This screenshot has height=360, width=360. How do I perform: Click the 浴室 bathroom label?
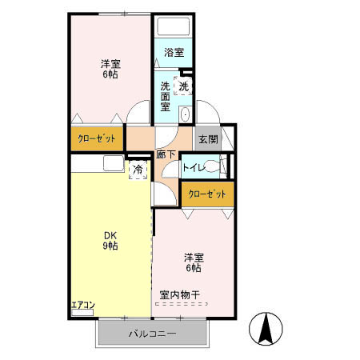(x=174, y=52)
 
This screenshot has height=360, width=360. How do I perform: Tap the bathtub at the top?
(x=174, y=26)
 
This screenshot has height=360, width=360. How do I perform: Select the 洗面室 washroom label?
(x=165, y=97)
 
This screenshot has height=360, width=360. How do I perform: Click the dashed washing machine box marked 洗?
(x=183, y=86)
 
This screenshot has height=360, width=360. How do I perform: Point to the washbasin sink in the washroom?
(x=185, y=114)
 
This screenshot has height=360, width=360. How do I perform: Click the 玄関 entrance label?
(x=208, y=139)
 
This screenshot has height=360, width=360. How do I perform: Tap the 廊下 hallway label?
(x=166, y=154)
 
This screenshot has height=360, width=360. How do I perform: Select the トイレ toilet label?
(x=194, y=167)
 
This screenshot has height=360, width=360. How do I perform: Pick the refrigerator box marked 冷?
(x=138, y=170)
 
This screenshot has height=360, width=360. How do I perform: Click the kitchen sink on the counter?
(x=114, y=163)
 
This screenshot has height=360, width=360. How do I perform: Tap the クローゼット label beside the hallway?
(x=97, y=138)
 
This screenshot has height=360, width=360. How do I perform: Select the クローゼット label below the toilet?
(x=207, y=194)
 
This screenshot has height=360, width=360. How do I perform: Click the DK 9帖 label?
(x=110, y=241)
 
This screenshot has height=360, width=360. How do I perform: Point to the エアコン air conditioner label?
(x=83, y=305)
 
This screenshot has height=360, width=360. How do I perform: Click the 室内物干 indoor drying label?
(x=179, y=295)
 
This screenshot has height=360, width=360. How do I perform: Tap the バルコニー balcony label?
(x=152, y=334)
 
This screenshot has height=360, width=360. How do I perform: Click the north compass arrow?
(x=266, y=329)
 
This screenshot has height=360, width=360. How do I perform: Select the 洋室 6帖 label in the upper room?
(x=110, y=69)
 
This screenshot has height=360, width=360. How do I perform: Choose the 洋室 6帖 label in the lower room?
(x=194, y=262)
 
